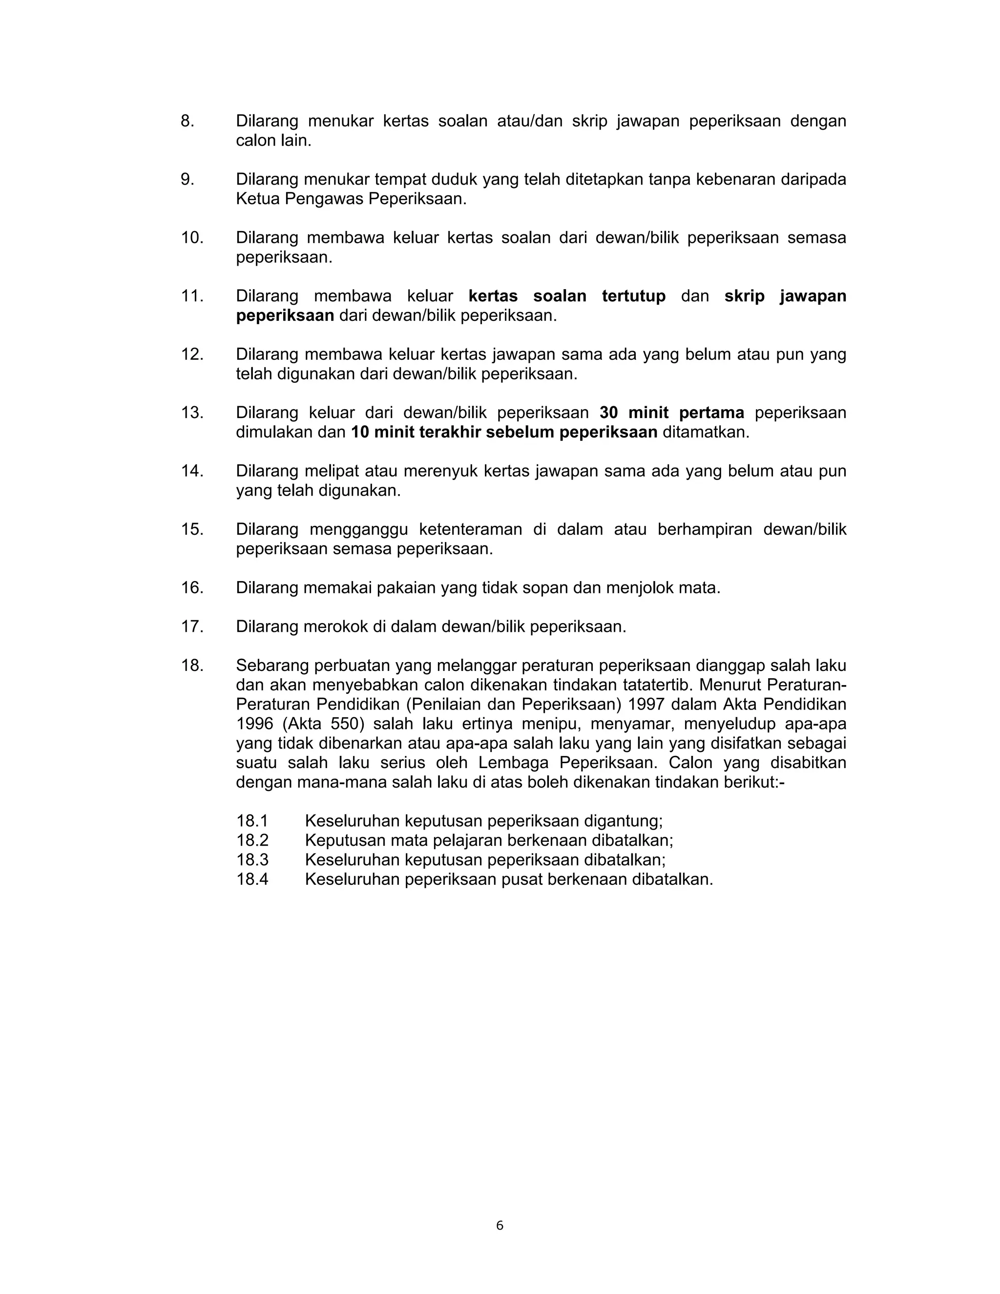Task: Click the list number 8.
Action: click(187, 121)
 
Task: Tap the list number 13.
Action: click(192, 413)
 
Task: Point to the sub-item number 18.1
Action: click(252, 821)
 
